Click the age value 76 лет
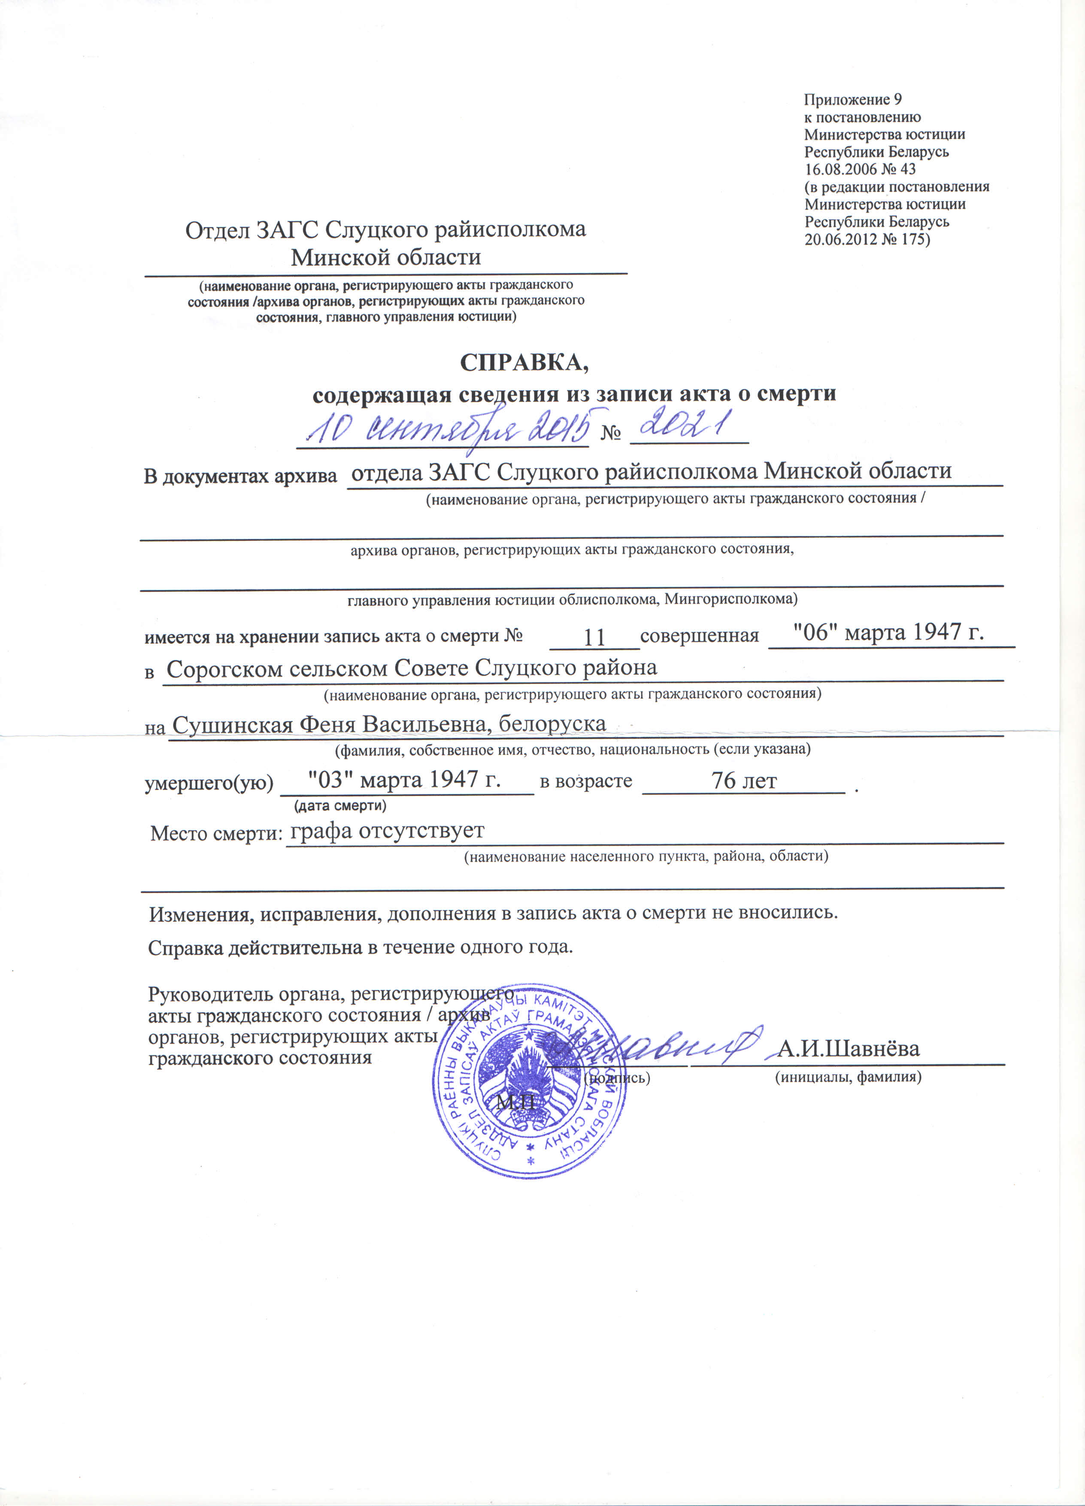pos(743,781)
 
